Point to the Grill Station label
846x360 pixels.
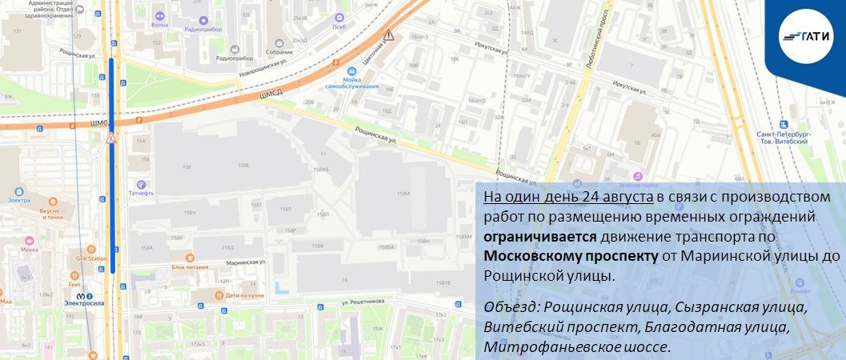(x=91, y=258)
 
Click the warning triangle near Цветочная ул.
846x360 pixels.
(x=388, y=36)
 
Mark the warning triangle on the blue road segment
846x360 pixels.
(x=111, y=138)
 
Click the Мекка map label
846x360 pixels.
(x=30, y=249)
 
